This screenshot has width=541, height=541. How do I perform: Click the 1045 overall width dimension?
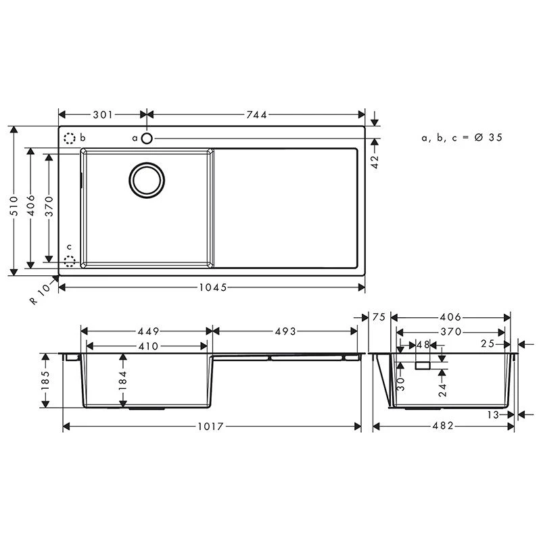pyautogui.click(x=213, y=287)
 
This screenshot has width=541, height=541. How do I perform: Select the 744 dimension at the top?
pyautogui.click(x=256, y=114)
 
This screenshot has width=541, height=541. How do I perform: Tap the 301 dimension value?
pyautogui.click(x=103, y=114)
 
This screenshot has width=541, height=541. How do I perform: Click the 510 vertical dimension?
pyautogui.click(x=14, y=206)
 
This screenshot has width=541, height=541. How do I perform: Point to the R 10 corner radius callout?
pyautogui.click(x=41, y=294)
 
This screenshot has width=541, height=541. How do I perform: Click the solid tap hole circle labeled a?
pyautogui.click(x=147, y=139)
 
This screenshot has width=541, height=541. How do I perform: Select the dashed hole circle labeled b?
pyautogui.click(x=70, y=139)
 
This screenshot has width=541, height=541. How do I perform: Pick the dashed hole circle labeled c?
pyautogui.click(x=70, y=261)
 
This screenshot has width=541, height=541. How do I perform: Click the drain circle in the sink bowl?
pyautogui.click(x=147, y=181)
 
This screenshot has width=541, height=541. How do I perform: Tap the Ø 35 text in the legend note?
pyautogui.click(x=488, y=137)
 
